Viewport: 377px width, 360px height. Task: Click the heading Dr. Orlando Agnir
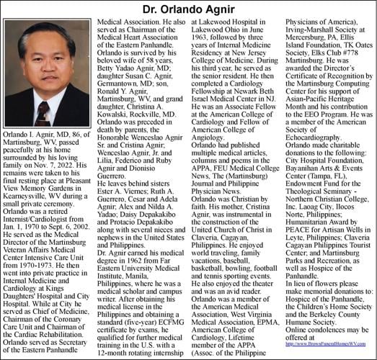click(188, 9)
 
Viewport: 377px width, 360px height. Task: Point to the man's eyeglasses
click(45, 62)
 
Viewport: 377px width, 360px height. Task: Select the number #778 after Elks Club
click(354, 58)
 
